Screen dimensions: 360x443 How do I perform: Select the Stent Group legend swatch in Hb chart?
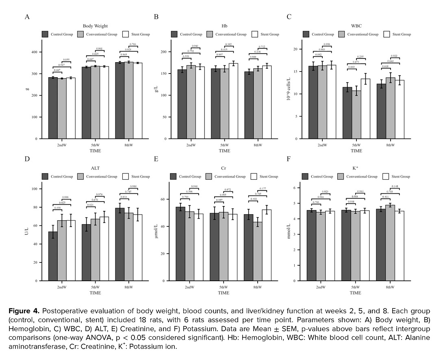pos(255,34)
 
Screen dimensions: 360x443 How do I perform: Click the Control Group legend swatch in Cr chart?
pos(173,176)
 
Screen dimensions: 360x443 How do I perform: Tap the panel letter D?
pos(27,158)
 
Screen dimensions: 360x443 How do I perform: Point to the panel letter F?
pos(289,158)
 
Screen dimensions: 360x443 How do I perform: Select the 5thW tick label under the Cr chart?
pos(223,287)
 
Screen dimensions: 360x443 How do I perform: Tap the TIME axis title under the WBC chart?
pos(356,151)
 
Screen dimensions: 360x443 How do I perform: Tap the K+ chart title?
pos(356,167)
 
